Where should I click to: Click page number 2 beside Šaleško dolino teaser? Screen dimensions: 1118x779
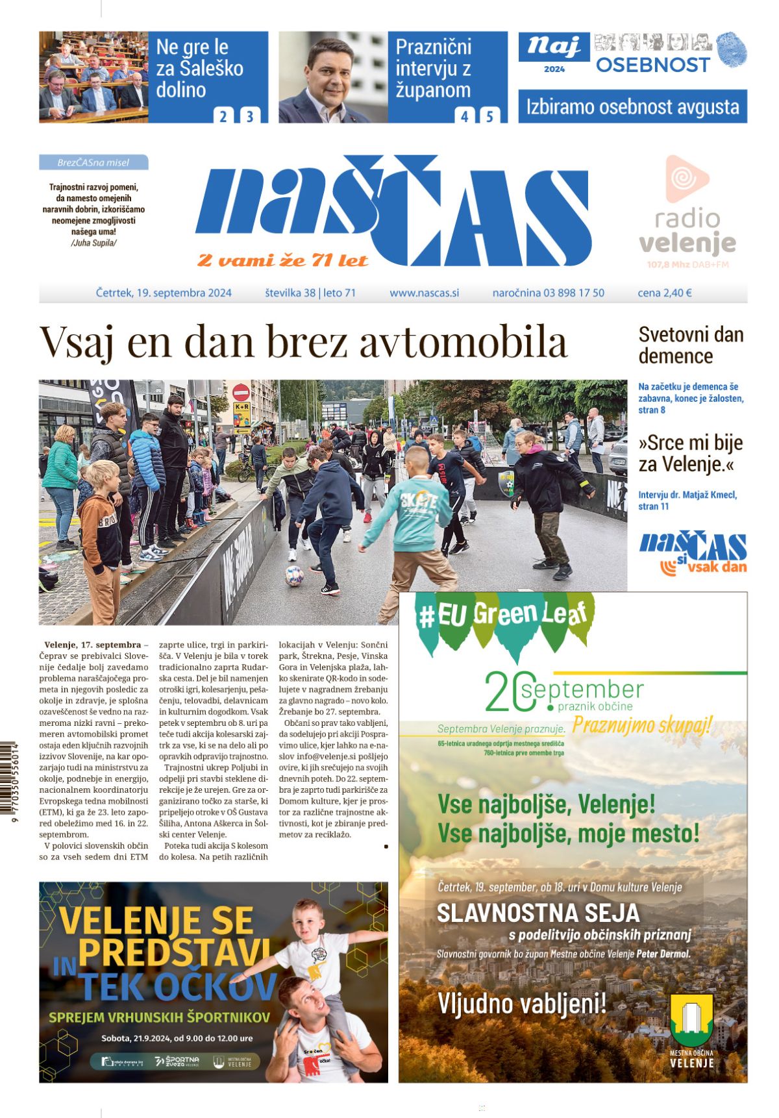point(223,116)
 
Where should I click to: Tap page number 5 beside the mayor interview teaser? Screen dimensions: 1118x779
point(489,116)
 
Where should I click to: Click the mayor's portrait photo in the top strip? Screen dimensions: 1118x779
point(333,77)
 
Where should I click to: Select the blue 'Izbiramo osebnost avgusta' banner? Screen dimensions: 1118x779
point(632,106)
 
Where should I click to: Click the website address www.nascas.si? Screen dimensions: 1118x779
point(424,293)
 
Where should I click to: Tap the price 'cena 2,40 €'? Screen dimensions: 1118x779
point(664,293)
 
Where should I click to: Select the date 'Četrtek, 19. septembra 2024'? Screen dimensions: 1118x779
point(164,293)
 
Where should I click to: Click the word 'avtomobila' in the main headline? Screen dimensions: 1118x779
point(464,342)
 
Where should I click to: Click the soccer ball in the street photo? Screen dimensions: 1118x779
point(294,575)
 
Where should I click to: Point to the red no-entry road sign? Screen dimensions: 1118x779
point(241,392)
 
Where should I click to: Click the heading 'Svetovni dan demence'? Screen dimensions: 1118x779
point(691,345)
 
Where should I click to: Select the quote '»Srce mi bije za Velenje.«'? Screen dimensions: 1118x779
point(690,453)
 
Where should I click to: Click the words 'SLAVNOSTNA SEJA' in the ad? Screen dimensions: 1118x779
point(538,913)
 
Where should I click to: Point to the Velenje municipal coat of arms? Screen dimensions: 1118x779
point(691,1017)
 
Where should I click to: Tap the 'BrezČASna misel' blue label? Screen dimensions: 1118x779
point(93,162)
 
